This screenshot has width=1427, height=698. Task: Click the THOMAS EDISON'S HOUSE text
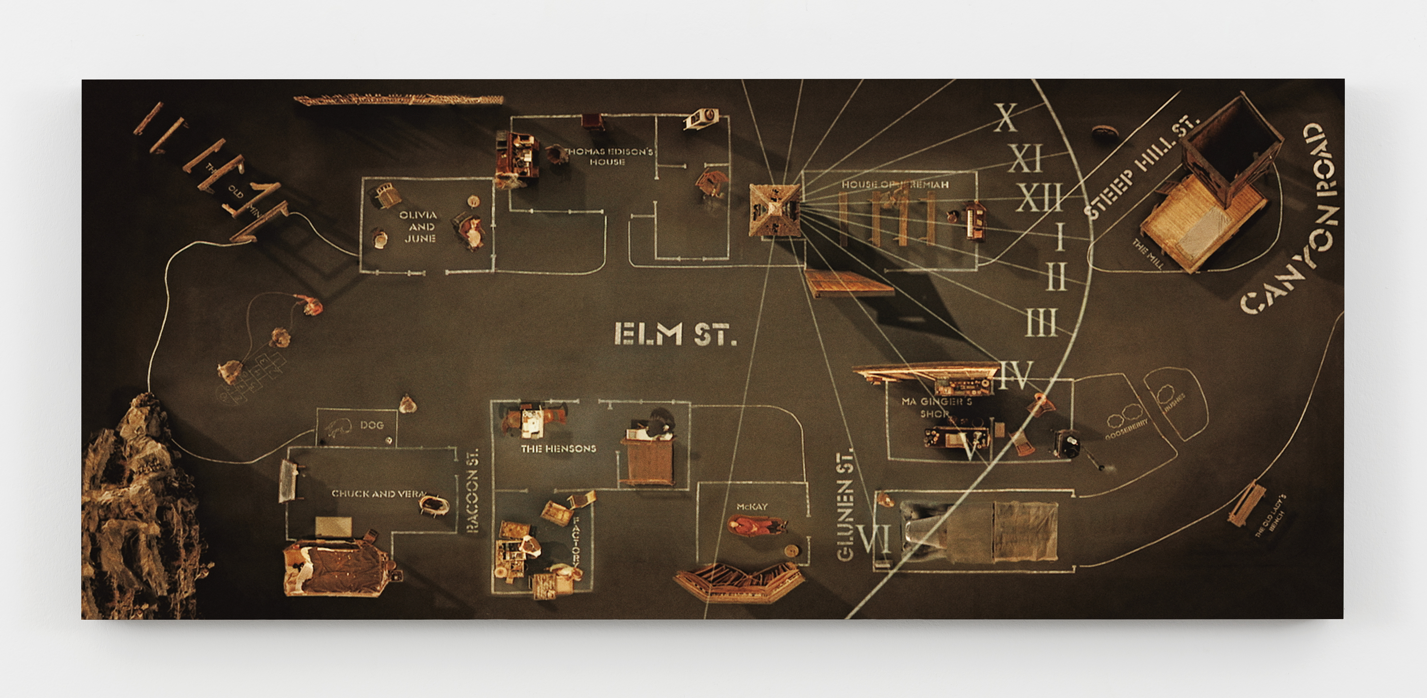[x=608, y=156]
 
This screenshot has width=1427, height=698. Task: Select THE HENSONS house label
[x=558, y=448]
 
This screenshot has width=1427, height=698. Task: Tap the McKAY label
[x=752, y=506]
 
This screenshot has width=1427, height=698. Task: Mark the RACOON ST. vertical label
[x=472, y=490]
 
